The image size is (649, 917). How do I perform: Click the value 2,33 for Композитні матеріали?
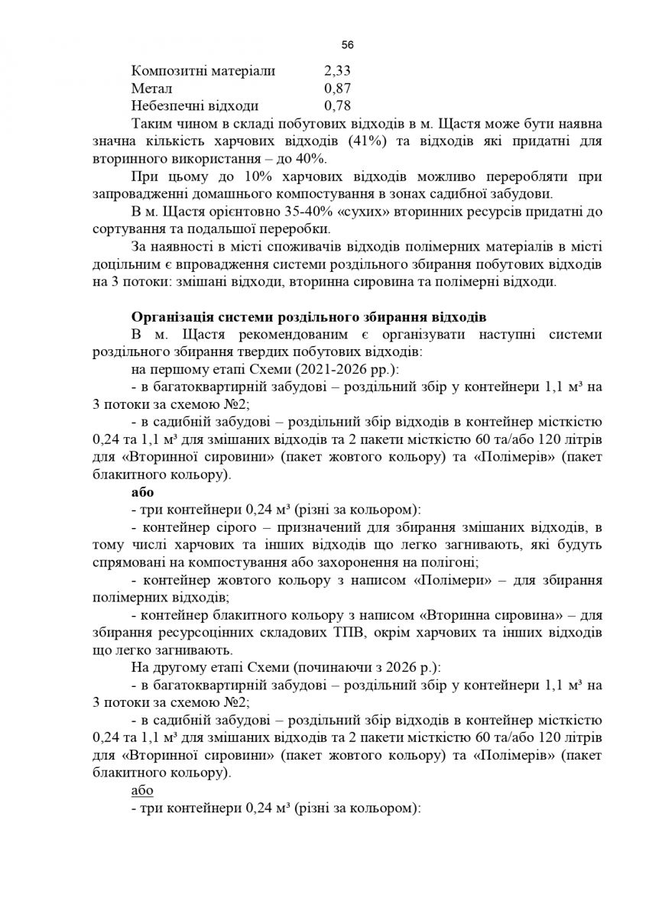coord(338,71)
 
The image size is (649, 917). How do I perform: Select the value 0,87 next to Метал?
coord(338,89)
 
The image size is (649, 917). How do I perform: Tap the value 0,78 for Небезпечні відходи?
coord(338,105)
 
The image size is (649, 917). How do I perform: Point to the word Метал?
coord(151,89)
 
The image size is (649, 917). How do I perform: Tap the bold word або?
coord(143,492)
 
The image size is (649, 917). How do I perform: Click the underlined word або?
coord(143,791)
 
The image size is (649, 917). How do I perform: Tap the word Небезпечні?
coord(167,105)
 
